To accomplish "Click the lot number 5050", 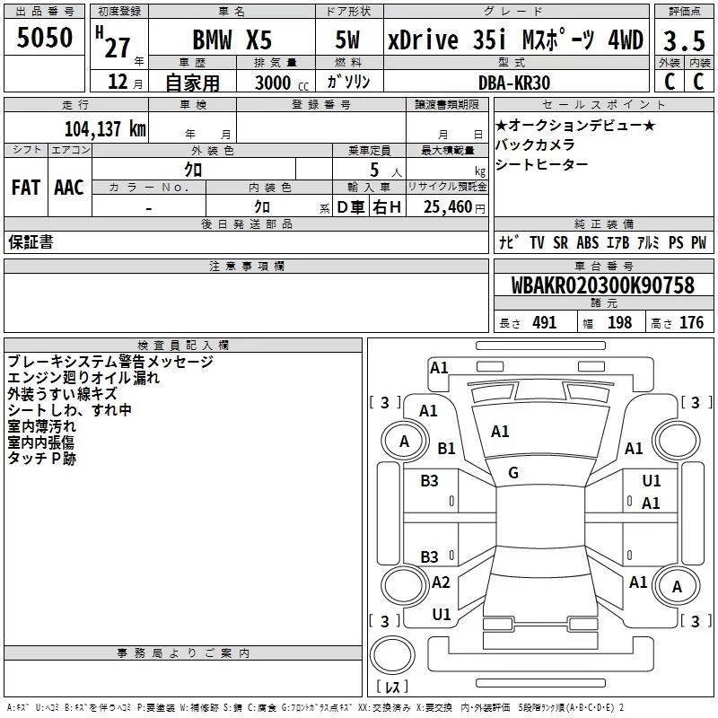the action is tap(44, 37).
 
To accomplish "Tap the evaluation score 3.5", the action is tap(683, 40).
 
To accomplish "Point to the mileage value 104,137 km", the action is tap(105, 129).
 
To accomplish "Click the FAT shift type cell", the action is tap(25, 187).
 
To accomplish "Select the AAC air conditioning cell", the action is tap(68, 187).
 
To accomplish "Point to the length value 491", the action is tap(544, 322).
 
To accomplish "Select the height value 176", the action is tap(691, 322).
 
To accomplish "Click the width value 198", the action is tap(619, 322).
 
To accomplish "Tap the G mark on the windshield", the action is tap(513, 473).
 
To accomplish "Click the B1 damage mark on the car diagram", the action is tap(446, 448).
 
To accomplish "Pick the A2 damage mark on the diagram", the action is tap(441, 582).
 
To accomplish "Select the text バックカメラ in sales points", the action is tap(535, 144).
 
